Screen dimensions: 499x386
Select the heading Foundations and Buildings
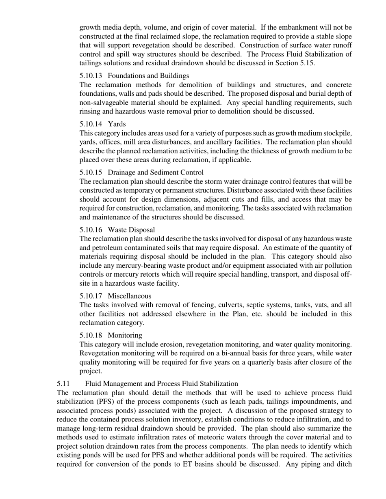click(x=148, y=76)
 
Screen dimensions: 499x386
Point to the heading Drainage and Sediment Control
click(x=156, y=172)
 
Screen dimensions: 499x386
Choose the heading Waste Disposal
click(x=131, y=230)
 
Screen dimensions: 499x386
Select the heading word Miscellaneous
click(x=129, y=296)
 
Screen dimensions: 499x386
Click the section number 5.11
click(x=63, y=384)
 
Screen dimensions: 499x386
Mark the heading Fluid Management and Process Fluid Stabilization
click(x=161, y=384)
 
